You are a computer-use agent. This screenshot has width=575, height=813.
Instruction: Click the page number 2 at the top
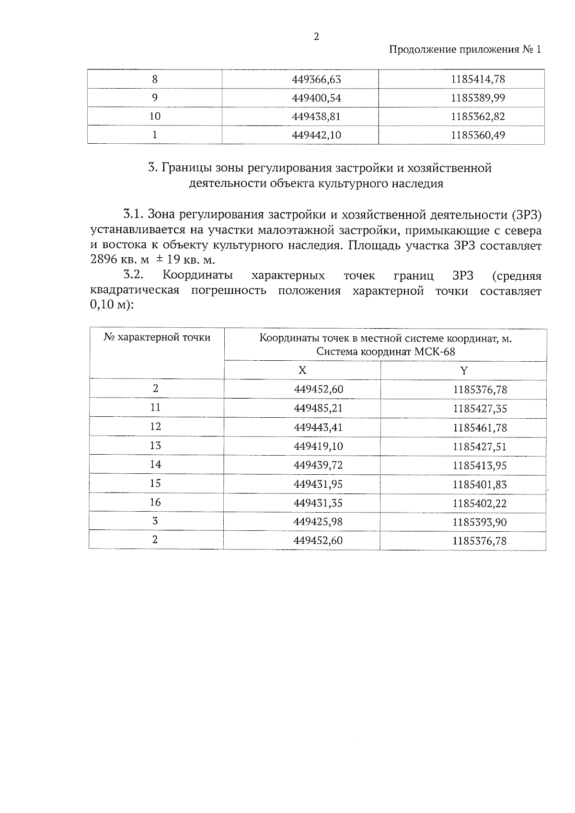pos(316,37)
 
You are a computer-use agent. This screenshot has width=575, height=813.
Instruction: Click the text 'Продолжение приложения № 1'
pos(464,50)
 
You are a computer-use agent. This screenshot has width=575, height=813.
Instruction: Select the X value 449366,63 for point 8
pos(316,80)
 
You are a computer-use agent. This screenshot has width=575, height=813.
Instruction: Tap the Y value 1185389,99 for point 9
pos(478,98)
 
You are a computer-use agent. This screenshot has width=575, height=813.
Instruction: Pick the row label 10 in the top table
pos(155,116)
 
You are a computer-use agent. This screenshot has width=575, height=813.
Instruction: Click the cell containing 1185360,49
pos(478,135)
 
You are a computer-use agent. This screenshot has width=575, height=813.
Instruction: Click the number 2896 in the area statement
pos(103,260)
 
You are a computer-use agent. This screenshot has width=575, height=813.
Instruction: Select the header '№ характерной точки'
pos(157,337)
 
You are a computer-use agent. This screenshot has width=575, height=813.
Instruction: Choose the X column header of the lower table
pos(302,370)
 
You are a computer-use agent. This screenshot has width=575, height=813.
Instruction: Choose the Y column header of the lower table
pos(463,370)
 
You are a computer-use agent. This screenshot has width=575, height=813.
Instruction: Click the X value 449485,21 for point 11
pos(318,408)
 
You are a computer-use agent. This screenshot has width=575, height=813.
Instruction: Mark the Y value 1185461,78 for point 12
pos(480,427)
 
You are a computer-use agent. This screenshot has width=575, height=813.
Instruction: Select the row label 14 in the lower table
pos(155,464)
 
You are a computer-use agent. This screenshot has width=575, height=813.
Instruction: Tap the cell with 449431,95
pos(318,484)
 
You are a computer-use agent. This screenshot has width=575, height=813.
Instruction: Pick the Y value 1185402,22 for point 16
pos(480,503)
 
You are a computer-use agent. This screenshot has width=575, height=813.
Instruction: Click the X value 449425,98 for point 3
pos(318,522)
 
